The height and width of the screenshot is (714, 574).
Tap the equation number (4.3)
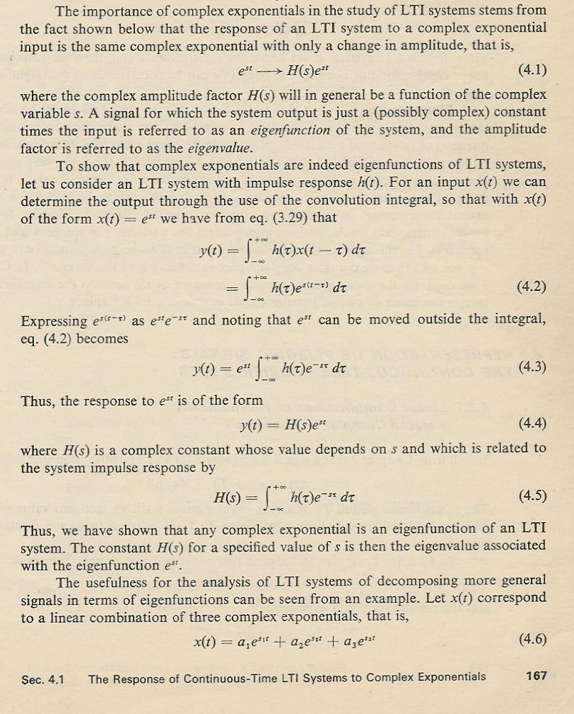coord(532,366)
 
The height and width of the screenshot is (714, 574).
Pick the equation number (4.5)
coord(532,493)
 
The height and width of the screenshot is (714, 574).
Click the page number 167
coord(537,676)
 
